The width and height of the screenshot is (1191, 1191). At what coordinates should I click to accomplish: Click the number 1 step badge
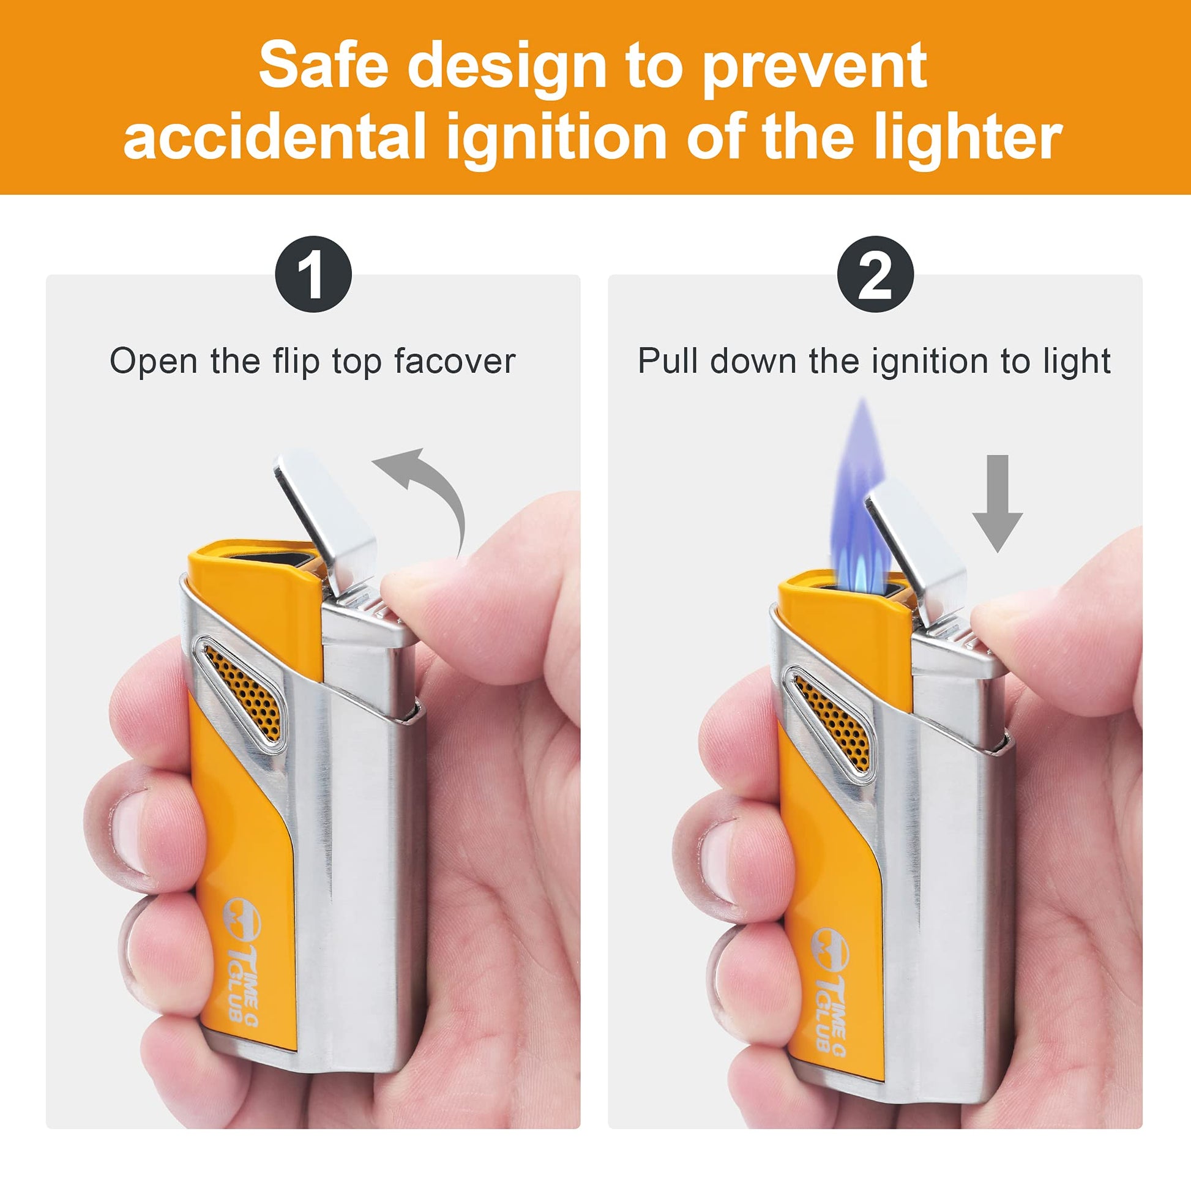(313, 274)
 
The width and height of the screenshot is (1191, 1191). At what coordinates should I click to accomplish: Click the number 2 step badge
(875, 274)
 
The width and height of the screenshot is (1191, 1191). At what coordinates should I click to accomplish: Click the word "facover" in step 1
(455, 361)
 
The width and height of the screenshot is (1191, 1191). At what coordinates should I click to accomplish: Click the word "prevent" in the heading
(815, 68)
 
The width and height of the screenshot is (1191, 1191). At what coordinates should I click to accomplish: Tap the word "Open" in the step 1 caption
(154, 362)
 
